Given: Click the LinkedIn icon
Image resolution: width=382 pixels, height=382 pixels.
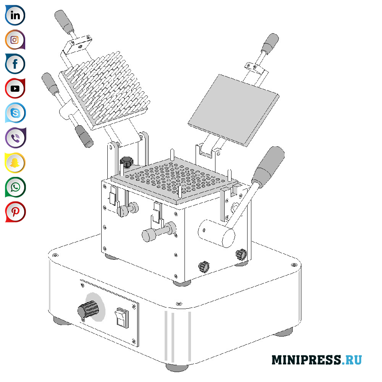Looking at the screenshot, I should tap(15, 15).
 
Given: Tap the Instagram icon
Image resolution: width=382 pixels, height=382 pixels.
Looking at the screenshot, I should tap(15, 40).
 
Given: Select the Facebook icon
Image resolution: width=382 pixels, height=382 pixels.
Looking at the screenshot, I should tap(15, 64).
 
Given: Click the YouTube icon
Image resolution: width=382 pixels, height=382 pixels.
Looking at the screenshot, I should tap(15, 89).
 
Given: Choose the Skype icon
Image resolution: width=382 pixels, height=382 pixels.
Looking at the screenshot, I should tap(15, 113).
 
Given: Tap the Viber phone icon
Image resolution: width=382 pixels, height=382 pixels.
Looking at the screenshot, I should tap(15, 138).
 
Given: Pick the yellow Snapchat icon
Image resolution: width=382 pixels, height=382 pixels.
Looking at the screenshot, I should tap(15, 163).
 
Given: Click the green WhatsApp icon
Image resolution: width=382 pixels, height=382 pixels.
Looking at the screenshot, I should tap(15, 187).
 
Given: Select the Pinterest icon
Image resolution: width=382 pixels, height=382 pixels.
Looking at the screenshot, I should tap(15, 212).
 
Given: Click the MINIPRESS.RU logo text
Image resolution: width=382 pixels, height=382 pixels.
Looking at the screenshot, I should tap(316, 360).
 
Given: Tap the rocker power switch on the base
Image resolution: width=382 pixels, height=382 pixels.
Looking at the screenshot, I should tap(122, 317).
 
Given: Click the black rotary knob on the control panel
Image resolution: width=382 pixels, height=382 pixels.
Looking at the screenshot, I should tap(87, 309).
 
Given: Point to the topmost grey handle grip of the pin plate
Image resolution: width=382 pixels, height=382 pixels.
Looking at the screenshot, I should tap(64, 21).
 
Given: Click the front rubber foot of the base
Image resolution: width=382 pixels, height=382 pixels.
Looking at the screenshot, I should tap(177, 367).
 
